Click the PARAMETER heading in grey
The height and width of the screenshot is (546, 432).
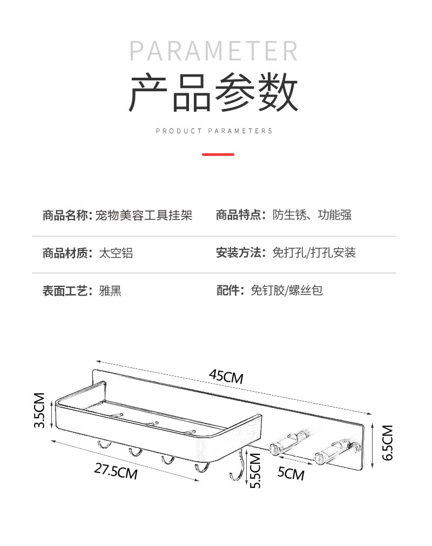pos(214,51)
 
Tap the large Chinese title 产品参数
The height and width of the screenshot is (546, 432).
pos(214,93)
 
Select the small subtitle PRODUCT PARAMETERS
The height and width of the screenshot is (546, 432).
pos(214,131)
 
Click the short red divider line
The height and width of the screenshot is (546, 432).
pos(218,154)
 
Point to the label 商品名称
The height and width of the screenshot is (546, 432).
pos(66,216)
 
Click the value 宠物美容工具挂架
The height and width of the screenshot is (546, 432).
pos(144,216)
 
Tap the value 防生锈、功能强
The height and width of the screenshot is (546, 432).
pos(312,215)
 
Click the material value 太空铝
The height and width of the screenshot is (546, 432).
pos(116,253)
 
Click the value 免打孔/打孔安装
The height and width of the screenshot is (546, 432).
pos(314,253)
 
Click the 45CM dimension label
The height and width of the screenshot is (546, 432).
pos(226,376)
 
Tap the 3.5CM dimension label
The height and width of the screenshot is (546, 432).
pos(39,411)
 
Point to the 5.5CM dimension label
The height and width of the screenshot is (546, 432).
pos(255,470)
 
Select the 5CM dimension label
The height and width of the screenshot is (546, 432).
pos(291,473)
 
